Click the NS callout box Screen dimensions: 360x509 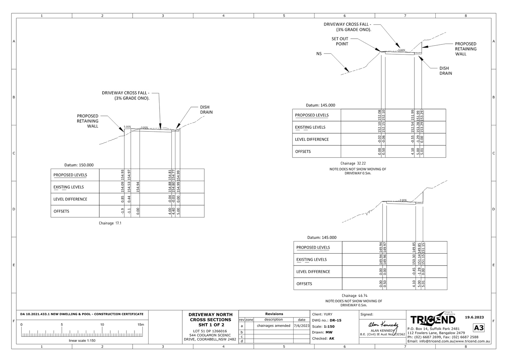coord(318,54)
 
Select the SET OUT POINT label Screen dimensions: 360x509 coord(340,41)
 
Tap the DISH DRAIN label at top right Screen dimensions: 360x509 coord(445,71)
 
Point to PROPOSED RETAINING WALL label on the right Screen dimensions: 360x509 coord(465,49)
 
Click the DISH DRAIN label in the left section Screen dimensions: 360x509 coord(207,110)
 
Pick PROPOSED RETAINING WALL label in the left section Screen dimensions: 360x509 coord(88,121)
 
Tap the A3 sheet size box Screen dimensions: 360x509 coord(479,328)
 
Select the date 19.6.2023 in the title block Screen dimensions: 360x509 coord(474,317)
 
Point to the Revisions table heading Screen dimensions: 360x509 coord(274,314)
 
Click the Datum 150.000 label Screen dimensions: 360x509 coord(79,165)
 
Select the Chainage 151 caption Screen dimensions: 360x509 coord(110,223)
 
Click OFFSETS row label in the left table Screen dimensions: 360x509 coord(62,212)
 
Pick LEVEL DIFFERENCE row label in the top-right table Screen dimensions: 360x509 coord(312,139)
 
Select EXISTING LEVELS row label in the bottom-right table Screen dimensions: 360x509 coord(311,260)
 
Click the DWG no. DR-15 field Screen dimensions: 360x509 coord(326,321)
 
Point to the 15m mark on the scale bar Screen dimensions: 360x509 coord(141,325)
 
